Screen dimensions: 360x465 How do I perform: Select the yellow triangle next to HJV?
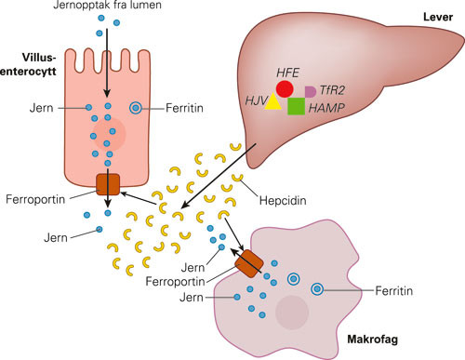click(272, 103)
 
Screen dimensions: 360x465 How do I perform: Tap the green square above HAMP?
click(297, 105)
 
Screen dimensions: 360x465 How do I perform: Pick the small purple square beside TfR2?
click(310, 91)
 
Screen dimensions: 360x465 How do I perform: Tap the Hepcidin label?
click(284, 198)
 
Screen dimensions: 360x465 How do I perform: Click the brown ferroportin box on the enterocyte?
click(109, 184)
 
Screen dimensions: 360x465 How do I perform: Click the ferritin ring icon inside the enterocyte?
click(137, 109)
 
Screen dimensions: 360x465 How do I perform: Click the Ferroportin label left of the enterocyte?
click(38, 198)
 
